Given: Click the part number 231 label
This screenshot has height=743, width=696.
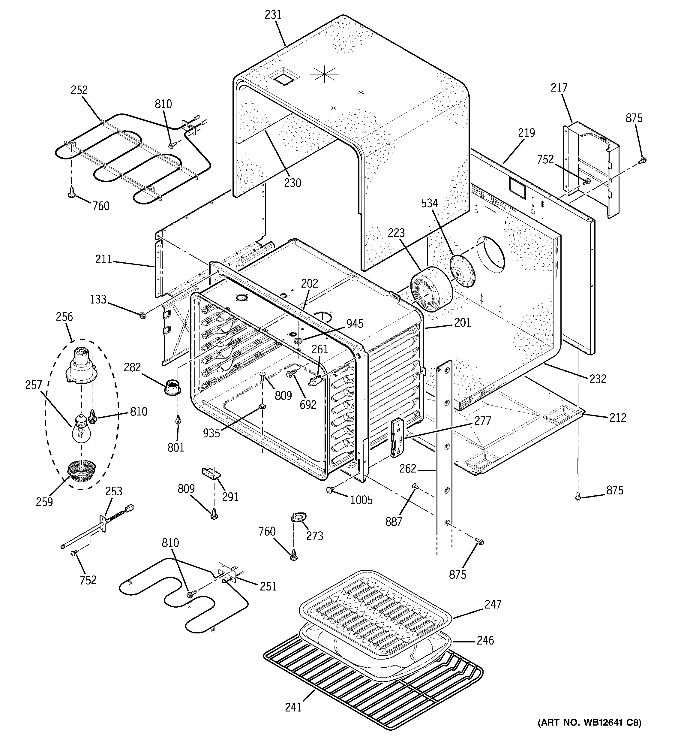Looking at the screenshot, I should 273,15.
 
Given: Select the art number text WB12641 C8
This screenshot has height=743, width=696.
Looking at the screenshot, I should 589,733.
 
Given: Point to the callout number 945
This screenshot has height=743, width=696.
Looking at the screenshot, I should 354,324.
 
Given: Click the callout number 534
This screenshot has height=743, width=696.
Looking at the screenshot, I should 429,203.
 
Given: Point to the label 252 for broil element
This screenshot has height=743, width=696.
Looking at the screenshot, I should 79,90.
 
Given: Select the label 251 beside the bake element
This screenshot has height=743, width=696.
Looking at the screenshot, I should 268,586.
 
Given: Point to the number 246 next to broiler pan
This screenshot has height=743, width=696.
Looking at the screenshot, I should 485,641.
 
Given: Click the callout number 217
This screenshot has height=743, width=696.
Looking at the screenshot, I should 559,88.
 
